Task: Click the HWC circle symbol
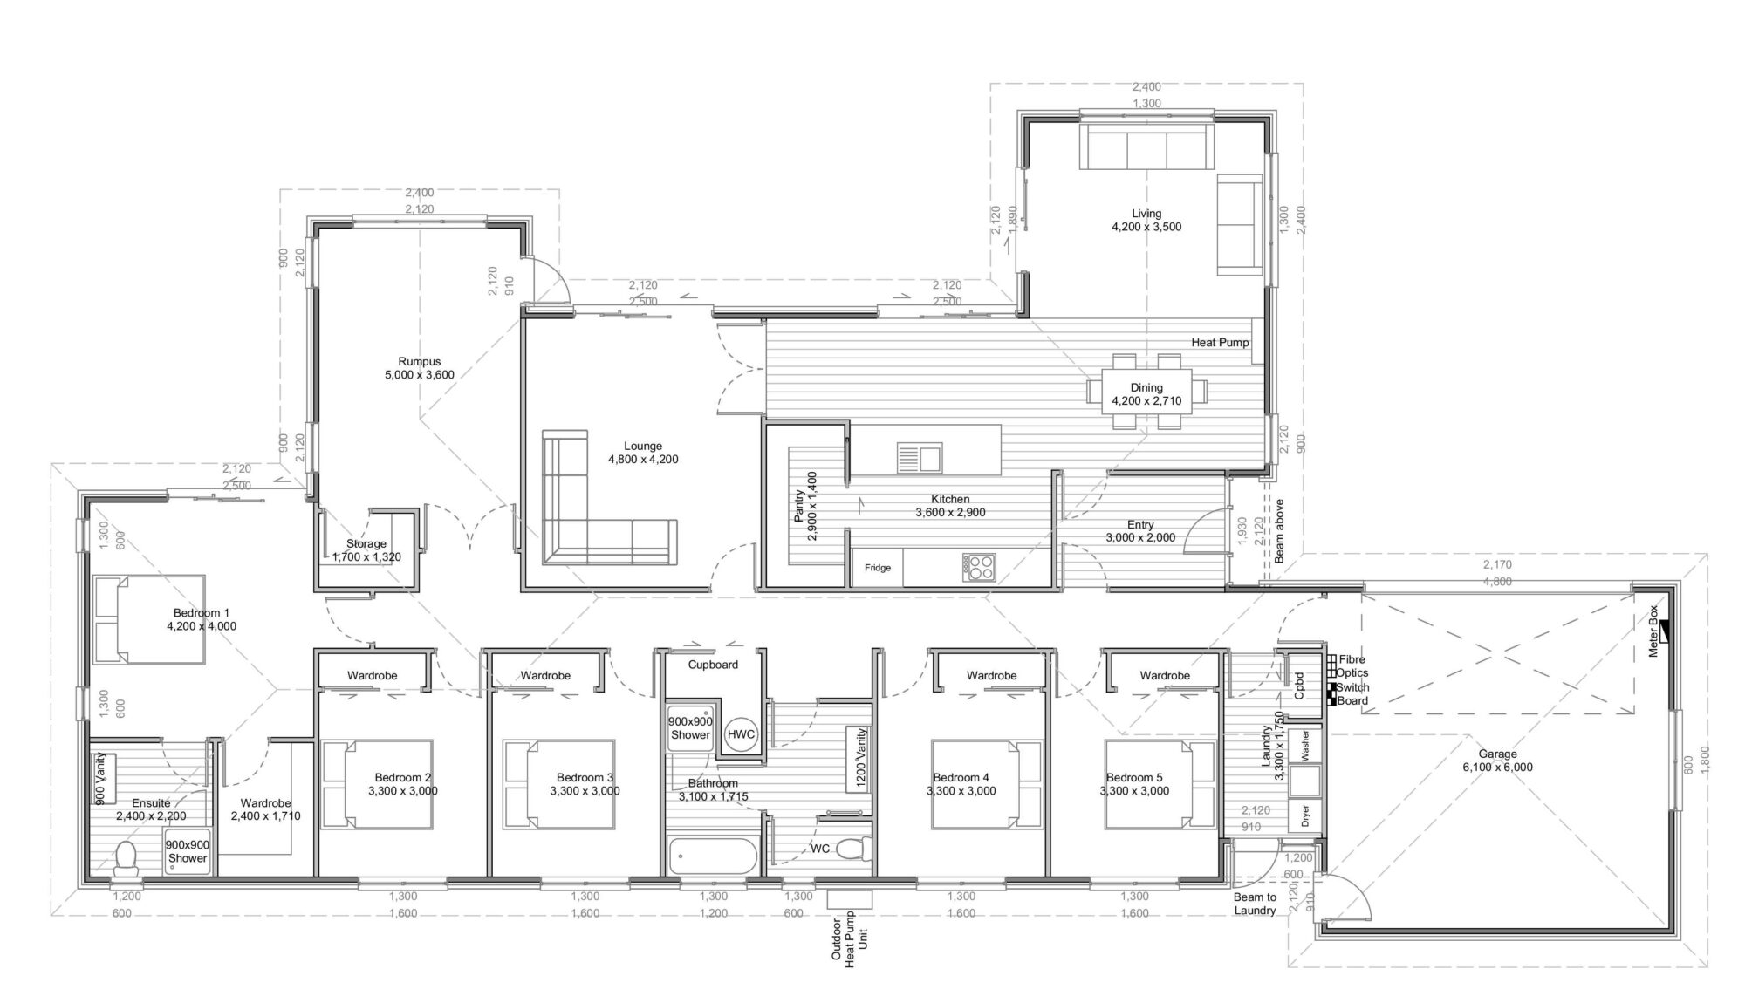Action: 740,734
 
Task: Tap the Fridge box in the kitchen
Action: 878,568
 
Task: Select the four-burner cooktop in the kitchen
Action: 979,568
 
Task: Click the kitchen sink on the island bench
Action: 919,457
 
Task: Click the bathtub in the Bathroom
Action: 713,856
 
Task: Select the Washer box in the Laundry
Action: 1305,745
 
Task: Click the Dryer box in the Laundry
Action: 1305,816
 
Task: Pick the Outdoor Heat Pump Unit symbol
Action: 849,899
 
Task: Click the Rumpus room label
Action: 420,368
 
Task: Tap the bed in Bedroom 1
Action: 149,620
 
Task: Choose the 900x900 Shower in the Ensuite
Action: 188,851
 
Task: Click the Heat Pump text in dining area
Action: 1220,343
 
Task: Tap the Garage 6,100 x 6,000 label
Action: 1497,761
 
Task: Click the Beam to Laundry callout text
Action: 1255,904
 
